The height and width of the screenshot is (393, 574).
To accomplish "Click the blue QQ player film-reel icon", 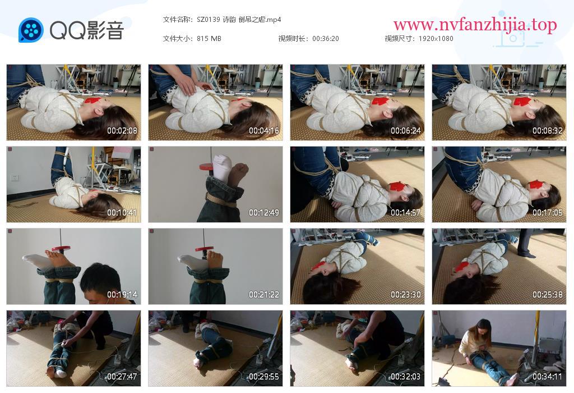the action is pyautogui.click(x=31, y=30).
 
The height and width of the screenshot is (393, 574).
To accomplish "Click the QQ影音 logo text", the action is pyautogui.click(x=87, y=30).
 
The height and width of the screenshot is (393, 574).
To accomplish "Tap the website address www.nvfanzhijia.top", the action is pyautogui.click(x=475, y=25).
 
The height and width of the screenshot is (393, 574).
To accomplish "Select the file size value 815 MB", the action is pyautogui.click(x=209, y=39).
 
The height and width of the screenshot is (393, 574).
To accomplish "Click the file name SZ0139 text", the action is pyautogui.click(x=209, y=20).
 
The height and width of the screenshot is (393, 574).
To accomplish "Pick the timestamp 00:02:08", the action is pyautogui.click(x=122, y=130).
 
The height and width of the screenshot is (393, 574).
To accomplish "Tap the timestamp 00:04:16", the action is pyautogui.click(x=264, y=130).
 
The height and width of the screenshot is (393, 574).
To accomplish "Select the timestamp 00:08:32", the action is pyautogui.click(x=548, y=130).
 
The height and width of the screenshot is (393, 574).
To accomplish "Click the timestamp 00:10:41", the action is pyautogui.click(x=122, y=213).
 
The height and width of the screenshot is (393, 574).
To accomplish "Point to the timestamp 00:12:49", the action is pyautogui.click(x=264, y=213).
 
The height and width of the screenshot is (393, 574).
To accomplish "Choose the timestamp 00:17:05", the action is pyautogui.click(x=548, y=213).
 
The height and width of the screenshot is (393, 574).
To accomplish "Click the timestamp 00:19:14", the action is pyautogui.click(x=122, y=295).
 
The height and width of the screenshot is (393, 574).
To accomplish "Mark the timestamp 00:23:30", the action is pyautogui.click(x=406, y=295).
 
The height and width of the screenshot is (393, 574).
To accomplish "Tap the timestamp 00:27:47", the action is pyautogui.click(x=122, y=377).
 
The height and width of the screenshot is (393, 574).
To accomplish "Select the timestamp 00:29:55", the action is pyautogui.click(x=264, y=377).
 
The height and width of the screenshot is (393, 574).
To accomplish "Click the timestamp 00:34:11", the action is pyautogui.click(x=548, y=377).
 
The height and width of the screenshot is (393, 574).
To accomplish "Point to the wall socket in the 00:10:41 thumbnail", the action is pyautogui.click(x=15, y=178).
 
